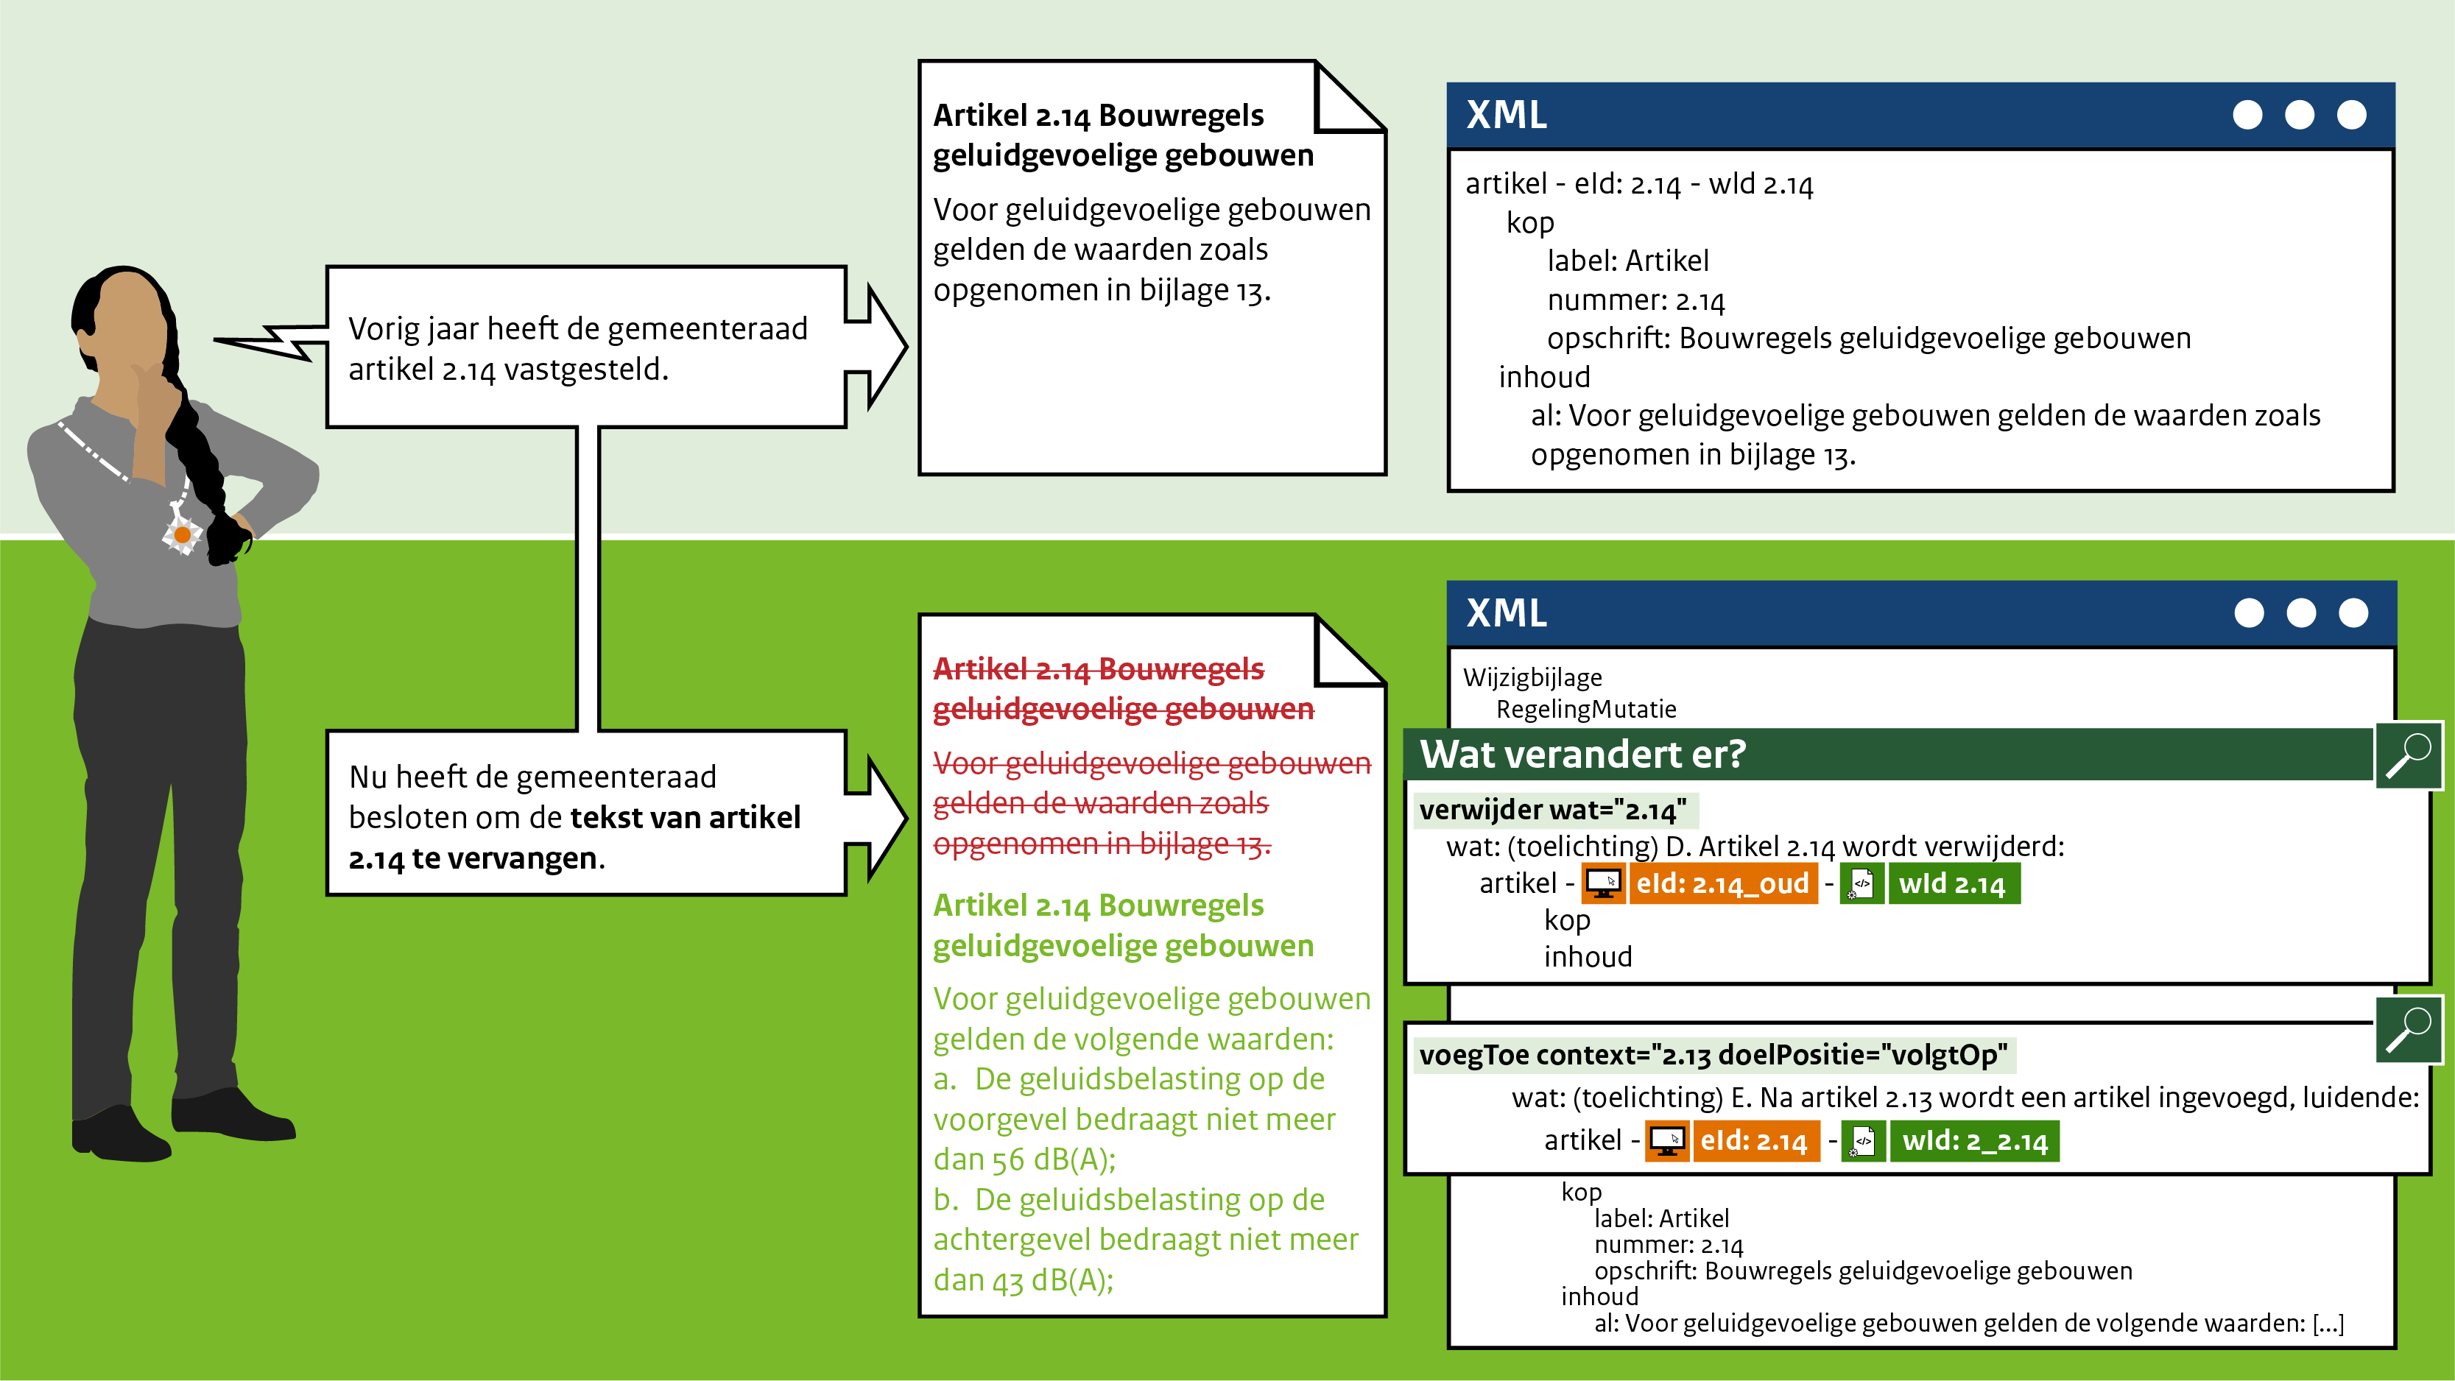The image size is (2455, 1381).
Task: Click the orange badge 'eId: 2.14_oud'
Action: pyautogui.click(x=1722, y=883)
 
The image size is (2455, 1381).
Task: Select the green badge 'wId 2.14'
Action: pyautogui.click(x=1953, y=883)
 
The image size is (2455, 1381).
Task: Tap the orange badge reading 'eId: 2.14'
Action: pyautogui.click(x=1755, y=1141)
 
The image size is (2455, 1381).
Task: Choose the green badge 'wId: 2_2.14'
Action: pyautogui.click(x=1975, y=1141)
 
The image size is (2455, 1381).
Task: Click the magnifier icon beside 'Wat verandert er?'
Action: pyautogui.click(x=2409, y=755)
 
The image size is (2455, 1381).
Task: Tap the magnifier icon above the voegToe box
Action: pyautogui.click(x=2409, y=1029)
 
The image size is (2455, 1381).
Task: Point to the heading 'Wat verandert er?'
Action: pyautogui.click(x=1582, y=754)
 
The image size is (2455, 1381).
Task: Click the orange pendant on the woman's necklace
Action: pyautogui.click(x=182, y=534)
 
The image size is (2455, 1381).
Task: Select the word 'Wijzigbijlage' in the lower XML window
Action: pyautogui.click(x=1532, y=678)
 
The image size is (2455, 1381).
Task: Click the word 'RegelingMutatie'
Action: pyautogui.click(x=1586, y=709)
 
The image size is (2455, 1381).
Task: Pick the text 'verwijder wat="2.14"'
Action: pyautogui.click(x=1552, y=810)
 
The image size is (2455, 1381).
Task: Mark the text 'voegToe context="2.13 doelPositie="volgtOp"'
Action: pyautogui.click(x=1713, y=1055)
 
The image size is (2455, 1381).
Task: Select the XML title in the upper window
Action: pyautogui.click(x=1507, y=116)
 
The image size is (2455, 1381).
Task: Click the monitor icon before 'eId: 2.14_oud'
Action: pyautogui.click(x=1604, y=883)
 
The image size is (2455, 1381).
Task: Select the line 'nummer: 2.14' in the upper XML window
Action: pyautogui.click(x=1635, y=300)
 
